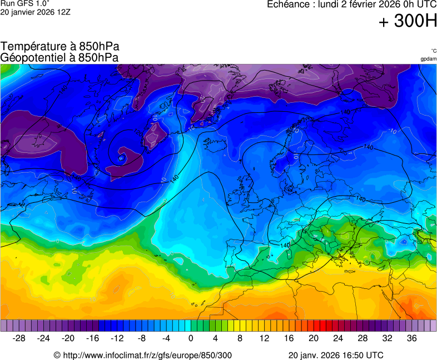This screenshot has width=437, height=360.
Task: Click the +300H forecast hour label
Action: (x=408, y=21)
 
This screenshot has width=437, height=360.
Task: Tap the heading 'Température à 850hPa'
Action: (x=60, y=47)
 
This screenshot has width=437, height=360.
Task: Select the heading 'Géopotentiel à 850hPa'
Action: (x=59, y=57)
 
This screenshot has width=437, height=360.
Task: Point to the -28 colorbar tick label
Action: (x=19, y=338)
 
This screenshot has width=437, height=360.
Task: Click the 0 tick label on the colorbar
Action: (x=191, y=338)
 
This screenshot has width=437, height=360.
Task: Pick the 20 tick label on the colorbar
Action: (x=314, y=338)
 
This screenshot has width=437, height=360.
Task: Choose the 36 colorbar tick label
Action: (x=411, y=338)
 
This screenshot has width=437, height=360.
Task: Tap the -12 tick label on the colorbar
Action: (x=117, y=338)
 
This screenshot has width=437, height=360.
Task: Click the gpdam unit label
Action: (x=428, y=59)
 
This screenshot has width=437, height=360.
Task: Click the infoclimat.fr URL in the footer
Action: (x=143, y=355)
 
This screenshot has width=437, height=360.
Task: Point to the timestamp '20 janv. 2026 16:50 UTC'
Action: (x=336, y=355)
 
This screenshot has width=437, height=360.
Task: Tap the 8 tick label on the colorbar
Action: (x=240, y=338)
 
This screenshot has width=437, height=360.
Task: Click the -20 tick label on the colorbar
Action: (x=68, y=338)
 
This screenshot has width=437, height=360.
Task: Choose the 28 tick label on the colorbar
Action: (x=362, y=338)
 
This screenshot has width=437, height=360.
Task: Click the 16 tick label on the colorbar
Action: (x=289, y=338)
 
